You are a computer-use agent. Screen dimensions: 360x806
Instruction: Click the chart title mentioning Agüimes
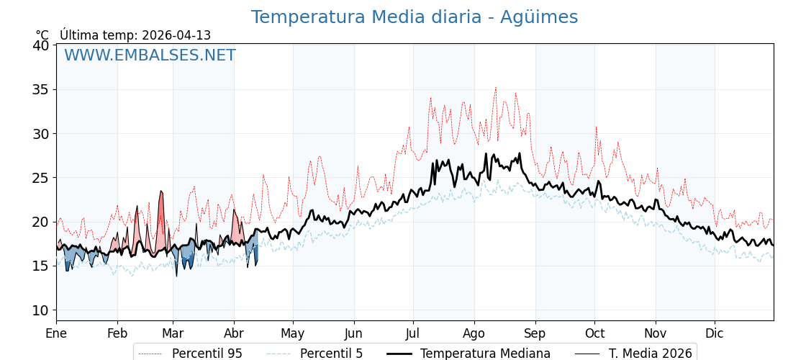tap(414, 17)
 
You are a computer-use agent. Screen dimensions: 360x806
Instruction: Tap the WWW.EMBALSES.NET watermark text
tap(150, 55)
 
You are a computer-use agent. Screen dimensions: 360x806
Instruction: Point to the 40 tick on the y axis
tap(41, 45)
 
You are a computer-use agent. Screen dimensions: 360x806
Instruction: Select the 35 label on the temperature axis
tap(41, 90)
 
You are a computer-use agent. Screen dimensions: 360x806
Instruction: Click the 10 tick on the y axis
tap(41, 310)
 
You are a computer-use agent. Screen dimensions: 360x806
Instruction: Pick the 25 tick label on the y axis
tap(41, 178)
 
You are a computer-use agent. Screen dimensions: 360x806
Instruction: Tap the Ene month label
tap(56, 333)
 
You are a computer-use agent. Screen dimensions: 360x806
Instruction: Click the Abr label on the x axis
tap(234, 333)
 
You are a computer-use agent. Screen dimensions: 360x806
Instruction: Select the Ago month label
tap(474, 333)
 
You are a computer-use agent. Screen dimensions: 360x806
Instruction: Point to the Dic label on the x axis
tap(715, 333)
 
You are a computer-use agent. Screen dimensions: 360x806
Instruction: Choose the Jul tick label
tap(413, 333)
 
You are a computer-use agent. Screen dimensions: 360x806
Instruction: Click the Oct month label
tap(594, 333)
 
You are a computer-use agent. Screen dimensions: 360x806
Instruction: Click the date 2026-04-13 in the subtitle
tap(176, 35)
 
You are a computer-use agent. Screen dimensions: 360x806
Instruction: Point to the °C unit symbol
tap(42, 35)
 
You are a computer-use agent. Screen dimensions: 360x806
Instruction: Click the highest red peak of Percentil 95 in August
tap(495, 88)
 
